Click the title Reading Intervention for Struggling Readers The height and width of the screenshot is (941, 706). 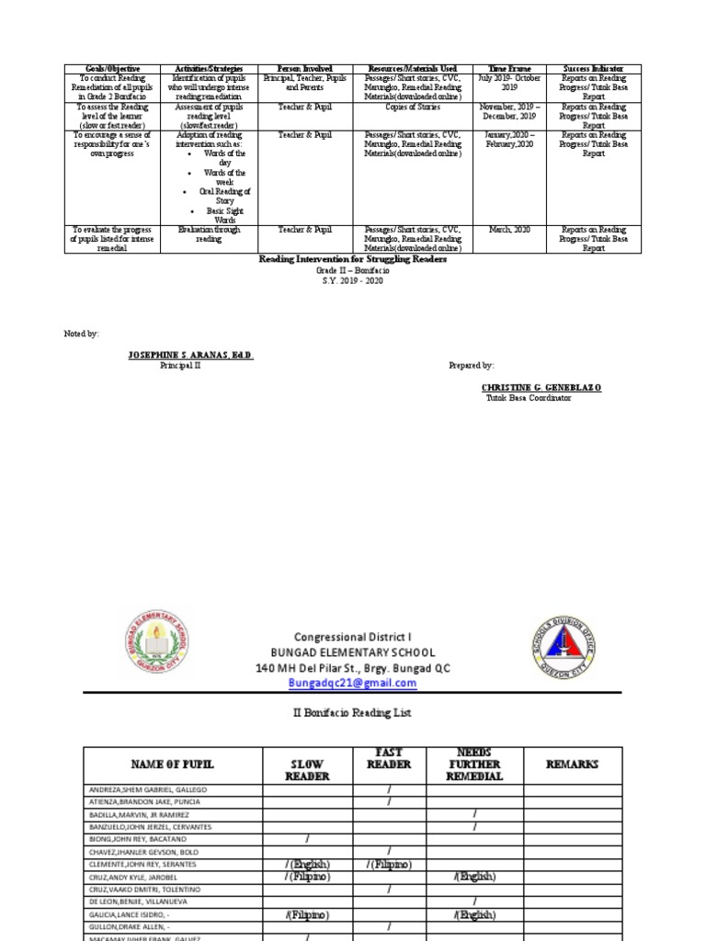click(353, 260)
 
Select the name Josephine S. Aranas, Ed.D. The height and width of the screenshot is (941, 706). click(190, 355)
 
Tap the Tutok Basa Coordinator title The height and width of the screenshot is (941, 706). click(529, 398)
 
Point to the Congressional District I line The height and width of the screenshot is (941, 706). click(353, 637)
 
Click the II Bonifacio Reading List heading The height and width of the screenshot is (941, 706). click(353, 713)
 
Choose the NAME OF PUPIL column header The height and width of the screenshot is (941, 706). click(173, 765)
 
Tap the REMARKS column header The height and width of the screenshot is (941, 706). click(572, 764)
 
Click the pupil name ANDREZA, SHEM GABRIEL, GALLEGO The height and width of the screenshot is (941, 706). click(148, 789)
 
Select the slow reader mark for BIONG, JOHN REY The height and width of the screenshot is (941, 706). click(307, 839)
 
